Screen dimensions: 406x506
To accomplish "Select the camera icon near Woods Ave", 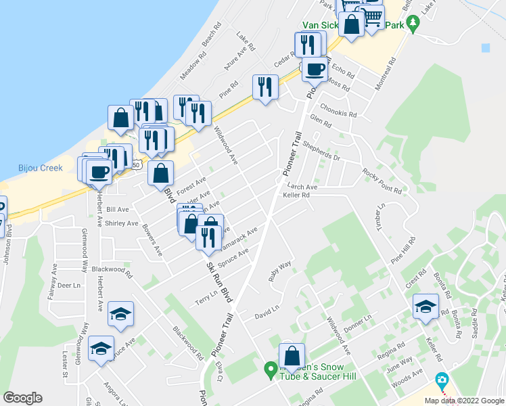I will pos(442,380).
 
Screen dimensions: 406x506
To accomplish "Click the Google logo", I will pos(22,398).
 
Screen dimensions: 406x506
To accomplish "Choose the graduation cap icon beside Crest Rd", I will pos(425,307).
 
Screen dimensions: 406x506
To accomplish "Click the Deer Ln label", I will pos(69,286).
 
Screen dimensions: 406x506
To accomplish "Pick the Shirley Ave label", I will pos(122,223).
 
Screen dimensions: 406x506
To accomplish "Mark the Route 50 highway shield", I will pos(137,164).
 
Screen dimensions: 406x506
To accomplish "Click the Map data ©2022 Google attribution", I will pos(464,401).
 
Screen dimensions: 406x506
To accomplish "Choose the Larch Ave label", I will pos(302,187).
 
